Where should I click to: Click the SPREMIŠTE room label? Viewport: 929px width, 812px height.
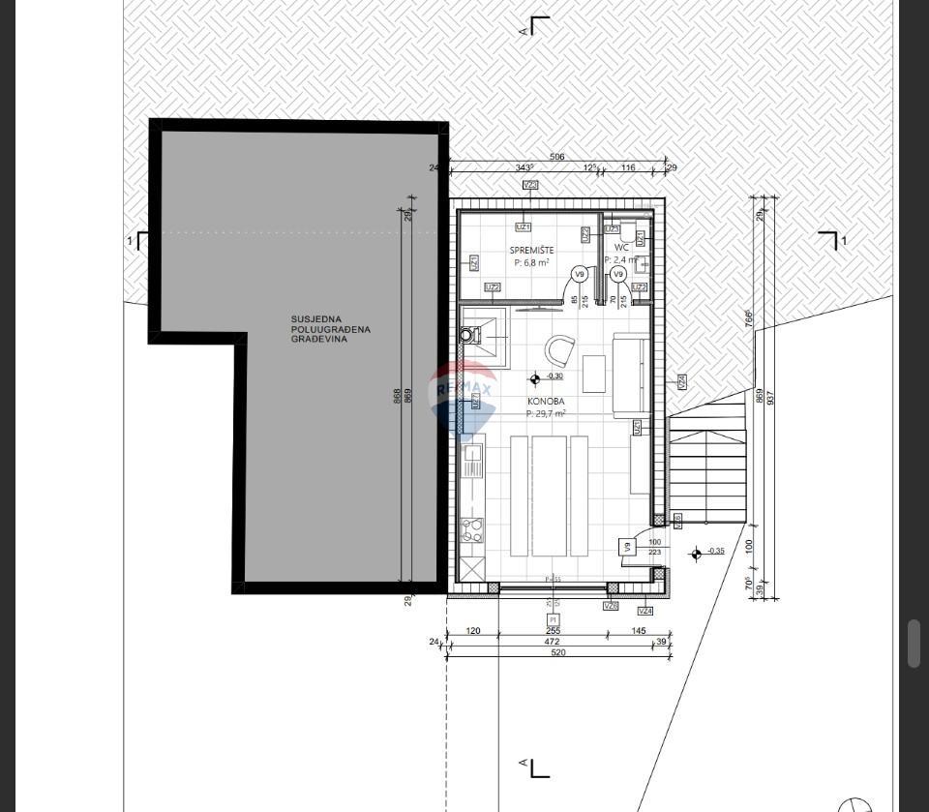(531, 250)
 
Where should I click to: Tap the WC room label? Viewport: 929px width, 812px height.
(621, 248)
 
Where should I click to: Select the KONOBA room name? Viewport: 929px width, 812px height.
(546, 401)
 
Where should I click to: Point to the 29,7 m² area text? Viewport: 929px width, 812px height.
(546, 413)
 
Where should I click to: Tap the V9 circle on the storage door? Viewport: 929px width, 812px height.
(580, 274)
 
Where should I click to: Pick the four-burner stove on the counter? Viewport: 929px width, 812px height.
(472, 529)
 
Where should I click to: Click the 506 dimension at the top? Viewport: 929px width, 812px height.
(556, 157)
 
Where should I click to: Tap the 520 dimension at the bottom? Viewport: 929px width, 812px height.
(557, 652)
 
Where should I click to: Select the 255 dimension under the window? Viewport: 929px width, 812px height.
(553, 630)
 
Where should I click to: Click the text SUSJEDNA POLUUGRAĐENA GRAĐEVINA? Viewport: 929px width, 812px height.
(331, 329)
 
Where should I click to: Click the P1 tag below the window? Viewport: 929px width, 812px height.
(553, 619)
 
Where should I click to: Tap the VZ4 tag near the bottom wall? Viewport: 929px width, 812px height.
(645, 612)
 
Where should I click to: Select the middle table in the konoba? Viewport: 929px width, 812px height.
(549, 496)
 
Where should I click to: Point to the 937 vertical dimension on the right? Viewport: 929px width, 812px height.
(771, 397)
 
